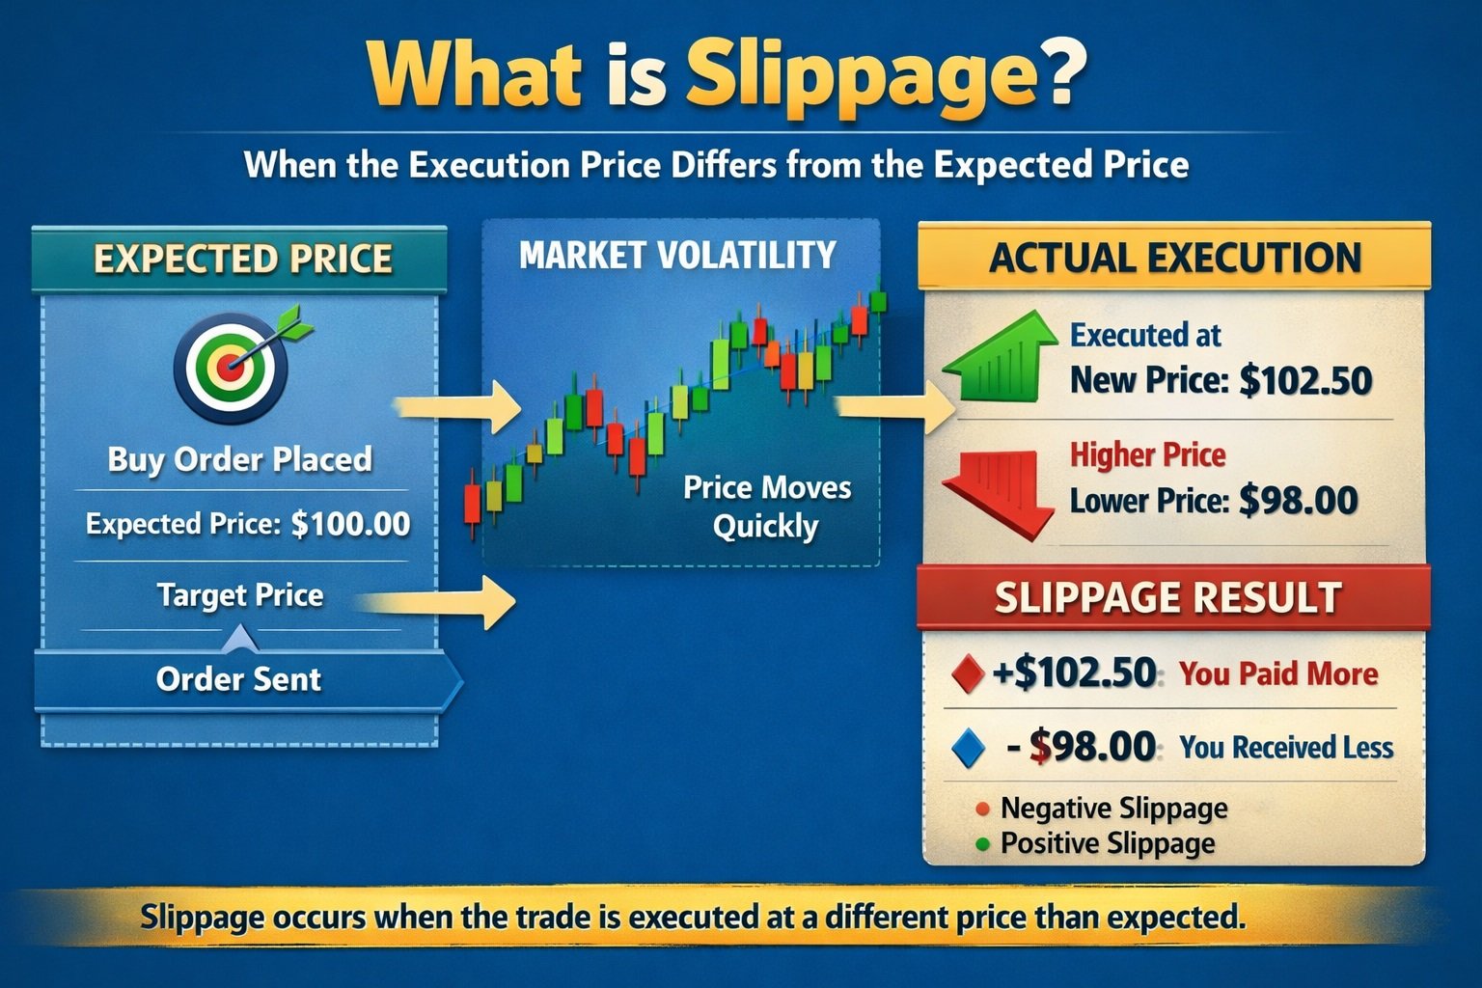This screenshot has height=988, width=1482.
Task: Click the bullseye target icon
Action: click(232, 368)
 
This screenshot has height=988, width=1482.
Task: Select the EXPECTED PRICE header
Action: click(241, 260)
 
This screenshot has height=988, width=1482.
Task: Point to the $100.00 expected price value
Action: click(350, 524)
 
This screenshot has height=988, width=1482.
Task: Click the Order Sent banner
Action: click(239, 679)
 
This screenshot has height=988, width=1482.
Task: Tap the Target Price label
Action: click(240, 595)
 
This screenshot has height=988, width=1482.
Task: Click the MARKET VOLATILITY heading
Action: click(677, 255)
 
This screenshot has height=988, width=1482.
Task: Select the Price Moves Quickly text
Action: click(766, 507)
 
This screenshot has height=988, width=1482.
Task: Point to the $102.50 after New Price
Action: click(1305, 380)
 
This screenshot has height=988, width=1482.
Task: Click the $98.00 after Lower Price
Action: click(1298, 501)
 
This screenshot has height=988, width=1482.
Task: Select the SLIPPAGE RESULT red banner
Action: click(1169, 598)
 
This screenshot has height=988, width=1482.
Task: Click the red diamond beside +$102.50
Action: click(967, 673)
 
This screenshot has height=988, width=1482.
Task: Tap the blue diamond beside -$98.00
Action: click(967, 748)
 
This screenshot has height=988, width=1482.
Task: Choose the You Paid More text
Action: click(1278, 673)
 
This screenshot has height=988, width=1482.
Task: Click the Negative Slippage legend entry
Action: click(1113, 808)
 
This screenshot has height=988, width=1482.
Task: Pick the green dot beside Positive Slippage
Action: click(983, 844)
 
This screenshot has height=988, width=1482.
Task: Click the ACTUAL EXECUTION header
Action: click(1174, 258)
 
